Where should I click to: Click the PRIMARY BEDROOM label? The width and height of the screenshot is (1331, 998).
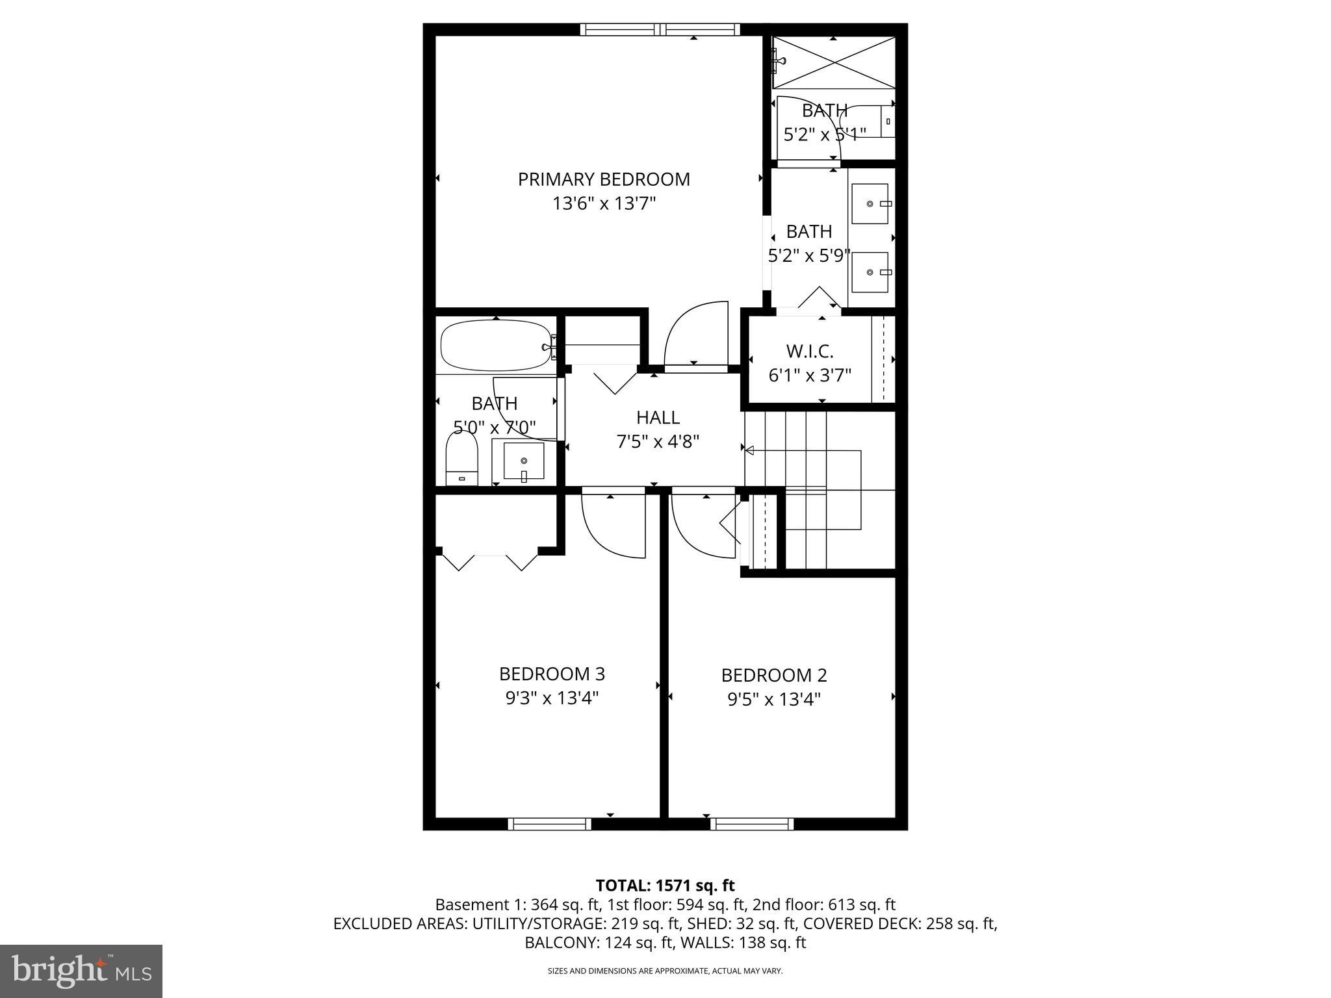(604, 179)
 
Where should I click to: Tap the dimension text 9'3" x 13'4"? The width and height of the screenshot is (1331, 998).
(552, 698)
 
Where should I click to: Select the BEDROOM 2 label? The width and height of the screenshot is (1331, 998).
(773, 675)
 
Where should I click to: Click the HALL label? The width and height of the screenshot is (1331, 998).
(658, 417)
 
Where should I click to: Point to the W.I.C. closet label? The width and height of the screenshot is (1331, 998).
(809, 352)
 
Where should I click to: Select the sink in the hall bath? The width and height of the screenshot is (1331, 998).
(523, 461)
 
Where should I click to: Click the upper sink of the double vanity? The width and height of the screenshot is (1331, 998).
(870, 203)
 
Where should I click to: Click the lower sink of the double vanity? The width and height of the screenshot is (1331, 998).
(870, 272)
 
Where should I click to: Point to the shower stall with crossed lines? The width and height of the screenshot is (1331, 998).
(834, 62)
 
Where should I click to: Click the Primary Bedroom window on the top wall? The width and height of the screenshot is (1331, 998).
(660, 29)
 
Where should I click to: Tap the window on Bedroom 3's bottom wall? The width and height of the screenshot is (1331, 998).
(549, 824)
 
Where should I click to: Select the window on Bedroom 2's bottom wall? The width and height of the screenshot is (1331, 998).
(752, 824)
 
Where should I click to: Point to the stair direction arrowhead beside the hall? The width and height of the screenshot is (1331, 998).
(749, 450)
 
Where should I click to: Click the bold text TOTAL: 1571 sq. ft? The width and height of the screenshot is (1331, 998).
(665, 885)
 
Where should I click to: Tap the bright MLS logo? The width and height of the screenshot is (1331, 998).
(81, 971)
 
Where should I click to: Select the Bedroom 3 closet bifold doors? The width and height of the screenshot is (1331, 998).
(491, 561)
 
